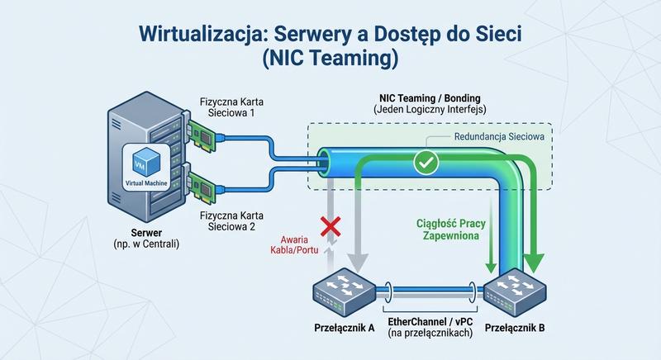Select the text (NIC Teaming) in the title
pos(330,59)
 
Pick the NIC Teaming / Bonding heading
pos(426,96)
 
